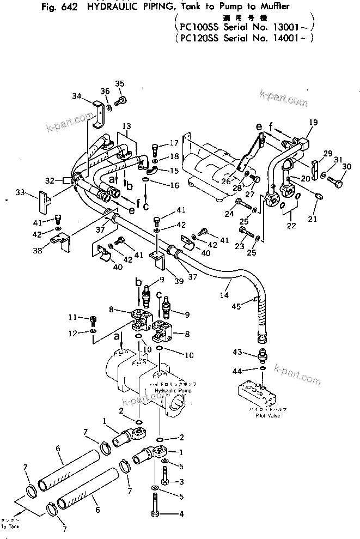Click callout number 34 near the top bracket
(x=76, y=96)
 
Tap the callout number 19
(x=313, y=123)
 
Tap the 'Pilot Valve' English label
(x=260, y=415)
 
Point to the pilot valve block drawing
(x=258, y=391)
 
